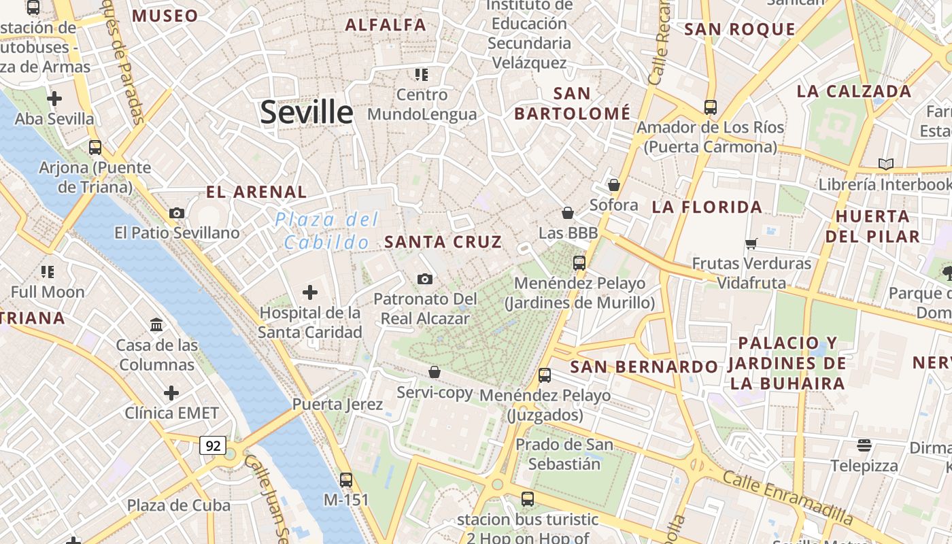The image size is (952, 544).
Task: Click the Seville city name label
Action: [x=307, y=112]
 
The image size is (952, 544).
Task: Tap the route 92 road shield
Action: [x=213, y=445]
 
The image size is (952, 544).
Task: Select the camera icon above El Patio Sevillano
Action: [x=177, y=213]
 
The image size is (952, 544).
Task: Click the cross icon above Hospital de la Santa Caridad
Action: [x=309, y=292]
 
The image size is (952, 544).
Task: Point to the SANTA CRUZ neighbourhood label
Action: [x=443, y=241]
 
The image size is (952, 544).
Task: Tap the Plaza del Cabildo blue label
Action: [x=326, y=231]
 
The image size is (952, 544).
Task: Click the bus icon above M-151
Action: [x=346, y=479]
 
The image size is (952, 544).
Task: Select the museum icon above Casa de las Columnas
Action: [x=157, y=325]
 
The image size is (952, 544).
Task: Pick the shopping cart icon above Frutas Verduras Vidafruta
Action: [x=751, y=243]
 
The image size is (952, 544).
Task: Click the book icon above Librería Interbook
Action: [x=885, y=164]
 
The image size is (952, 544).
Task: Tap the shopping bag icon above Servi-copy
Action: [x=435, y=372]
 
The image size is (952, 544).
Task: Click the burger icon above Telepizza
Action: [x=864, y=445]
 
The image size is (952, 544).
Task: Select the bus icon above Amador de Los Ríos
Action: [x=711, y=107]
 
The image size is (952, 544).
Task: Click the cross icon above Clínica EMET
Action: [x=171, y=393]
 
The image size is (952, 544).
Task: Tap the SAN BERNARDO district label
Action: [x=644, y=367]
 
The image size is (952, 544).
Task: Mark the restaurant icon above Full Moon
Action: [x=48, y=272]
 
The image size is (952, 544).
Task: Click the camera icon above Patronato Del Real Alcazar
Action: [x=425, y=279]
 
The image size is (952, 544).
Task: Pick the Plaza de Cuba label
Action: [x=179, y=505]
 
